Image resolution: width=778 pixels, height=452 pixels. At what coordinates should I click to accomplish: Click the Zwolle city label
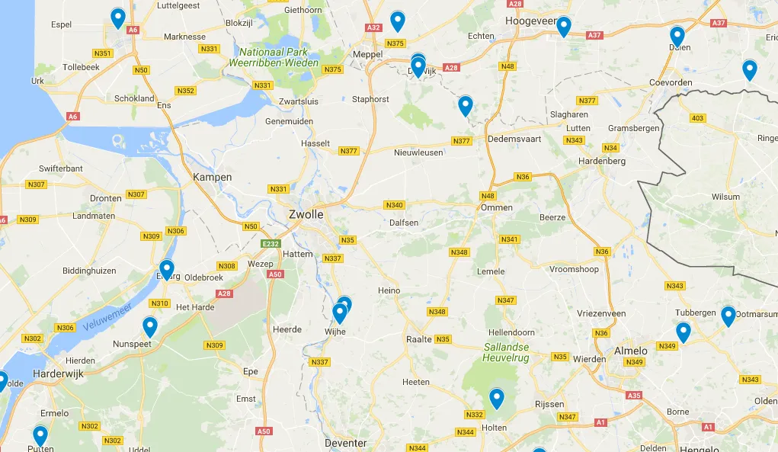(x=308, y=214)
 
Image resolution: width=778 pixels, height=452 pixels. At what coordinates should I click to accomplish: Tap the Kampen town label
(x=213, y=177)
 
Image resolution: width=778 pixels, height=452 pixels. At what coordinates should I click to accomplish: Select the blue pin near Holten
(x=497, y=398)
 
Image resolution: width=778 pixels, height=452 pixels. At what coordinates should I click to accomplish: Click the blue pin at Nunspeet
(x=150, y=327)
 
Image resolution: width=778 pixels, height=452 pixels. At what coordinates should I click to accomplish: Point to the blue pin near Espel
(x=117, y=18)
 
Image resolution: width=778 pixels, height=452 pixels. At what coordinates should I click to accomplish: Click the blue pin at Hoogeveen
(x=563, y=26)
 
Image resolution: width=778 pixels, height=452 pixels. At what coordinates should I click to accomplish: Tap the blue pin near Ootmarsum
(x=728, y=316)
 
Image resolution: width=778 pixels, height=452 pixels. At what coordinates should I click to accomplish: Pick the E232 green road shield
(x=271, y=243)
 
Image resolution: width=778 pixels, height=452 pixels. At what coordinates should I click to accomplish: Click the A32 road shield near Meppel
(x=373, y=27)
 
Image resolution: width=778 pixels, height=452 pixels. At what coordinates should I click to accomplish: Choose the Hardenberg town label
(x=602, y=161)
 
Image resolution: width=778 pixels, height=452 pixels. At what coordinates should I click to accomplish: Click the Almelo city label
(x=631, y=351)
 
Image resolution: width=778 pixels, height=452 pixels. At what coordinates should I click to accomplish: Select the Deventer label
(x=345, y=443)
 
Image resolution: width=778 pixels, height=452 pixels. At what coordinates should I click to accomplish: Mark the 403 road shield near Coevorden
(x=696, y=118)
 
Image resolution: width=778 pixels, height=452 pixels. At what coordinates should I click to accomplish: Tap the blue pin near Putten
(x=40, y=435)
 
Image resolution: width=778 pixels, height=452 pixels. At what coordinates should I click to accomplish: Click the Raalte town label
(x=419, y=339)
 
